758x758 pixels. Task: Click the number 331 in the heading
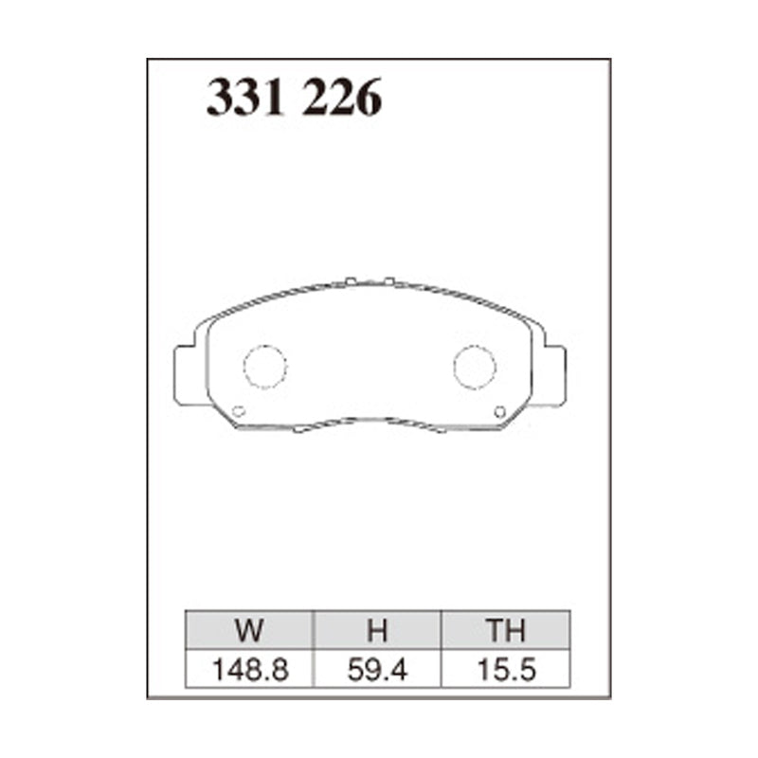(245, 98)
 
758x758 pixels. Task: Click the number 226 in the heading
(342, 98)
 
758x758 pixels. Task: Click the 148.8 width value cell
(250, 670)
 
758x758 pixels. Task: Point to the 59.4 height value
(377, 670)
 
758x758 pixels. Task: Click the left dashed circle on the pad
(264, 367)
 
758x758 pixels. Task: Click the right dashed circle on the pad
(474, 367)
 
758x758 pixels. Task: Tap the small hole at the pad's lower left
(239, 411)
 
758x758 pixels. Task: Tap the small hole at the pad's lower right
(500, 411)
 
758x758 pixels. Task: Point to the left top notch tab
(351, 280)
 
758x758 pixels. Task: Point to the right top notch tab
(388, 280)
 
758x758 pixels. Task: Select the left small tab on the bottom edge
(299, 430)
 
